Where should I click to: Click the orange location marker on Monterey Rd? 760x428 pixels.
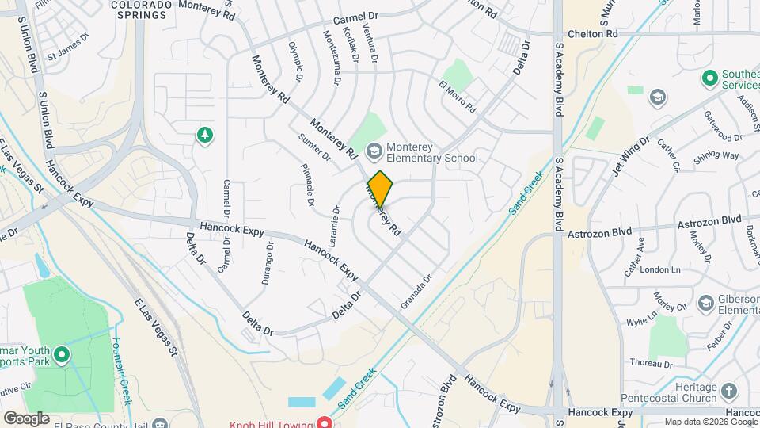pyautogui.click(x=380, y=189)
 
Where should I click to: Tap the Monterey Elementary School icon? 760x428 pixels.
pyautogui.click(x=374, y=150)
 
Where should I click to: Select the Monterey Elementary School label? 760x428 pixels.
pyautogui.click(x=432, y=151)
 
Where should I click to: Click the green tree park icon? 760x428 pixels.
pyautogui.click(x=205, y=136)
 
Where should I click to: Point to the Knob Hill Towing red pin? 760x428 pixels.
pyautogui.click(x=324, y=422)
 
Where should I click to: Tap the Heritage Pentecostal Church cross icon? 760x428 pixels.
pyautogui.click(x=728, y=392)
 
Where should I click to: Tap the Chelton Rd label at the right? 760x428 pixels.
pyautogui.click(x=592, y=34)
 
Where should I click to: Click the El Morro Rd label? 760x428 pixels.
pyautogui.click(x=458, y=96)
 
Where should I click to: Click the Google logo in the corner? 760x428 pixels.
pyautogui.click(x=25, y=418)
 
